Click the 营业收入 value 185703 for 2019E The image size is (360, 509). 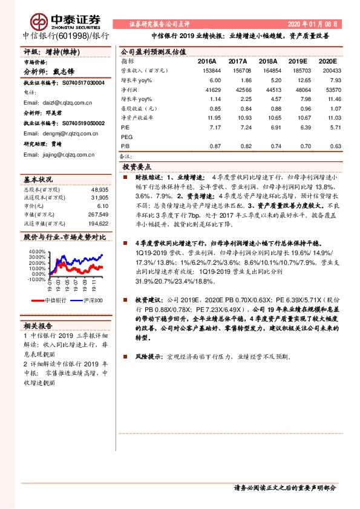tap(298, 71)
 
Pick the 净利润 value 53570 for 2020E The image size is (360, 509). tap(331, 89)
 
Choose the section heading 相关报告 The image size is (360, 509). tap(38, 326)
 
